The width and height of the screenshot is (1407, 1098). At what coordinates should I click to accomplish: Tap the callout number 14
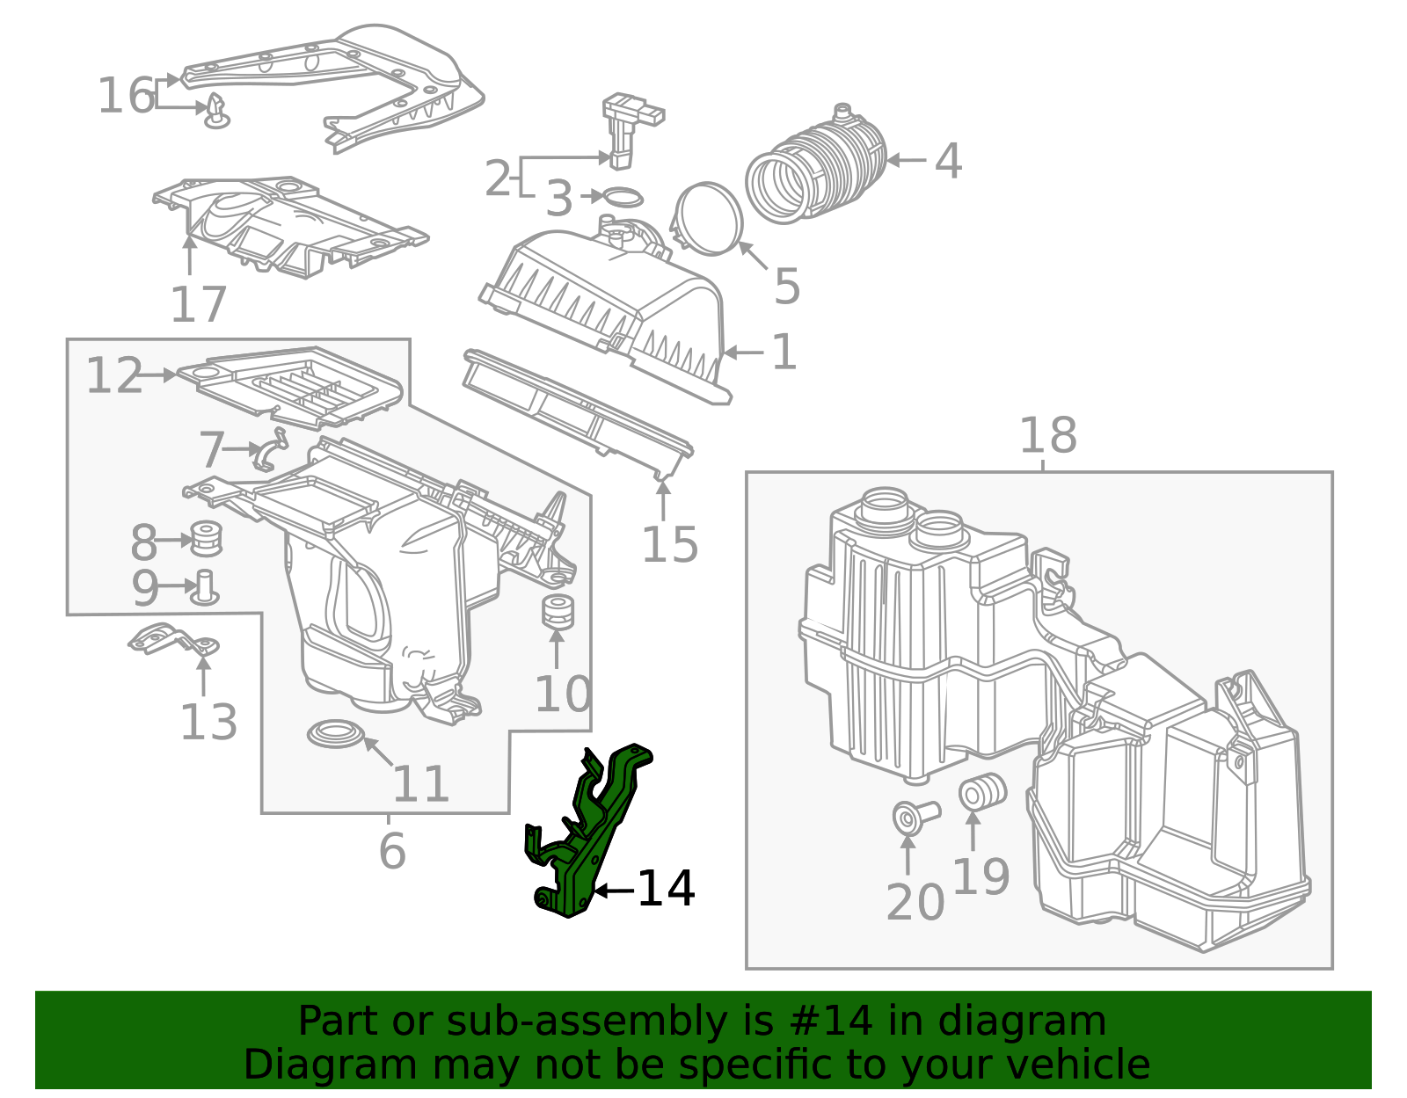click(666, 889)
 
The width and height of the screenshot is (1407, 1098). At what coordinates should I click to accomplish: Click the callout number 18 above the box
click(1047, 435)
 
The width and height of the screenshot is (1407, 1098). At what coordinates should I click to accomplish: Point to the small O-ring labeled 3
click(623, 197)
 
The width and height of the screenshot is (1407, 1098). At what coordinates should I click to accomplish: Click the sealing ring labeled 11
click(335, 733)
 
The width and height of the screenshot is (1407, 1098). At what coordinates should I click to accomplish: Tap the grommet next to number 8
click(205, 539)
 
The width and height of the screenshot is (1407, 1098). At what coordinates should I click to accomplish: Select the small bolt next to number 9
click(206, 586)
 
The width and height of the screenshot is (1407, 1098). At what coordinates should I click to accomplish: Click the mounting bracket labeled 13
click(171, 639)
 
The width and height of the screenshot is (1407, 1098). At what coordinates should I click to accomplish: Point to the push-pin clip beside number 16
click(216, 113)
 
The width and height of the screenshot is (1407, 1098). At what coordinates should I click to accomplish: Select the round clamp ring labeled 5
click(709, 218)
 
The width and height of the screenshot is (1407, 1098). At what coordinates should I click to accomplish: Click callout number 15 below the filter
click(669, 544)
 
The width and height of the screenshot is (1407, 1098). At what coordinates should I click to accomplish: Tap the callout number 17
click(199, 304)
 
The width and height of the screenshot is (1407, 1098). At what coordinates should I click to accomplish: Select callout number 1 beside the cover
click(784, 352)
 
